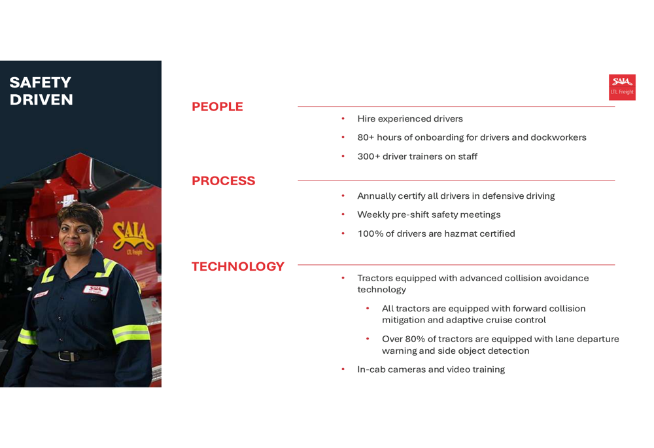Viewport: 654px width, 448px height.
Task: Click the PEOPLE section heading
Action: point(217,107)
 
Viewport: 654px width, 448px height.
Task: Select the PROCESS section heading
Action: point(223,181)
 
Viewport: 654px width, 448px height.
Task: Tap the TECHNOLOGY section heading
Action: point(237,266)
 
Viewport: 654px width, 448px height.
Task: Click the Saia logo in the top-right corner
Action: point(622,87)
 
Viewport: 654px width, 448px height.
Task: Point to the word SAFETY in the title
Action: point(40,82)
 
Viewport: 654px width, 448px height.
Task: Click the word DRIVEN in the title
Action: point(41,99)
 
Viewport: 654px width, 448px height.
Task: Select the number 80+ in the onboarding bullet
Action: point(365,137)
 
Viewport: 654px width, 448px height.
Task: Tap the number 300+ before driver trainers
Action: point(368,156)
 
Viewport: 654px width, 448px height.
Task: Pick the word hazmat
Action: point(460,233)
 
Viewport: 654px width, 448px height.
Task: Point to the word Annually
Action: point(376,196)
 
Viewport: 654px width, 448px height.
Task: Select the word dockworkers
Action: point(558,137)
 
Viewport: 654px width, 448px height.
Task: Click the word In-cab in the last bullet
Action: point(371,370)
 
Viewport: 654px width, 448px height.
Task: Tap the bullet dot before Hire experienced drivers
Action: point(343,118)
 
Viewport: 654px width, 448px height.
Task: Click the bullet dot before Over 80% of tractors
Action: point(368,339)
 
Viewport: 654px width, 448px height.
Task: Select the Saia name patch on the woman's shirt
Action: point(96,289)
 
